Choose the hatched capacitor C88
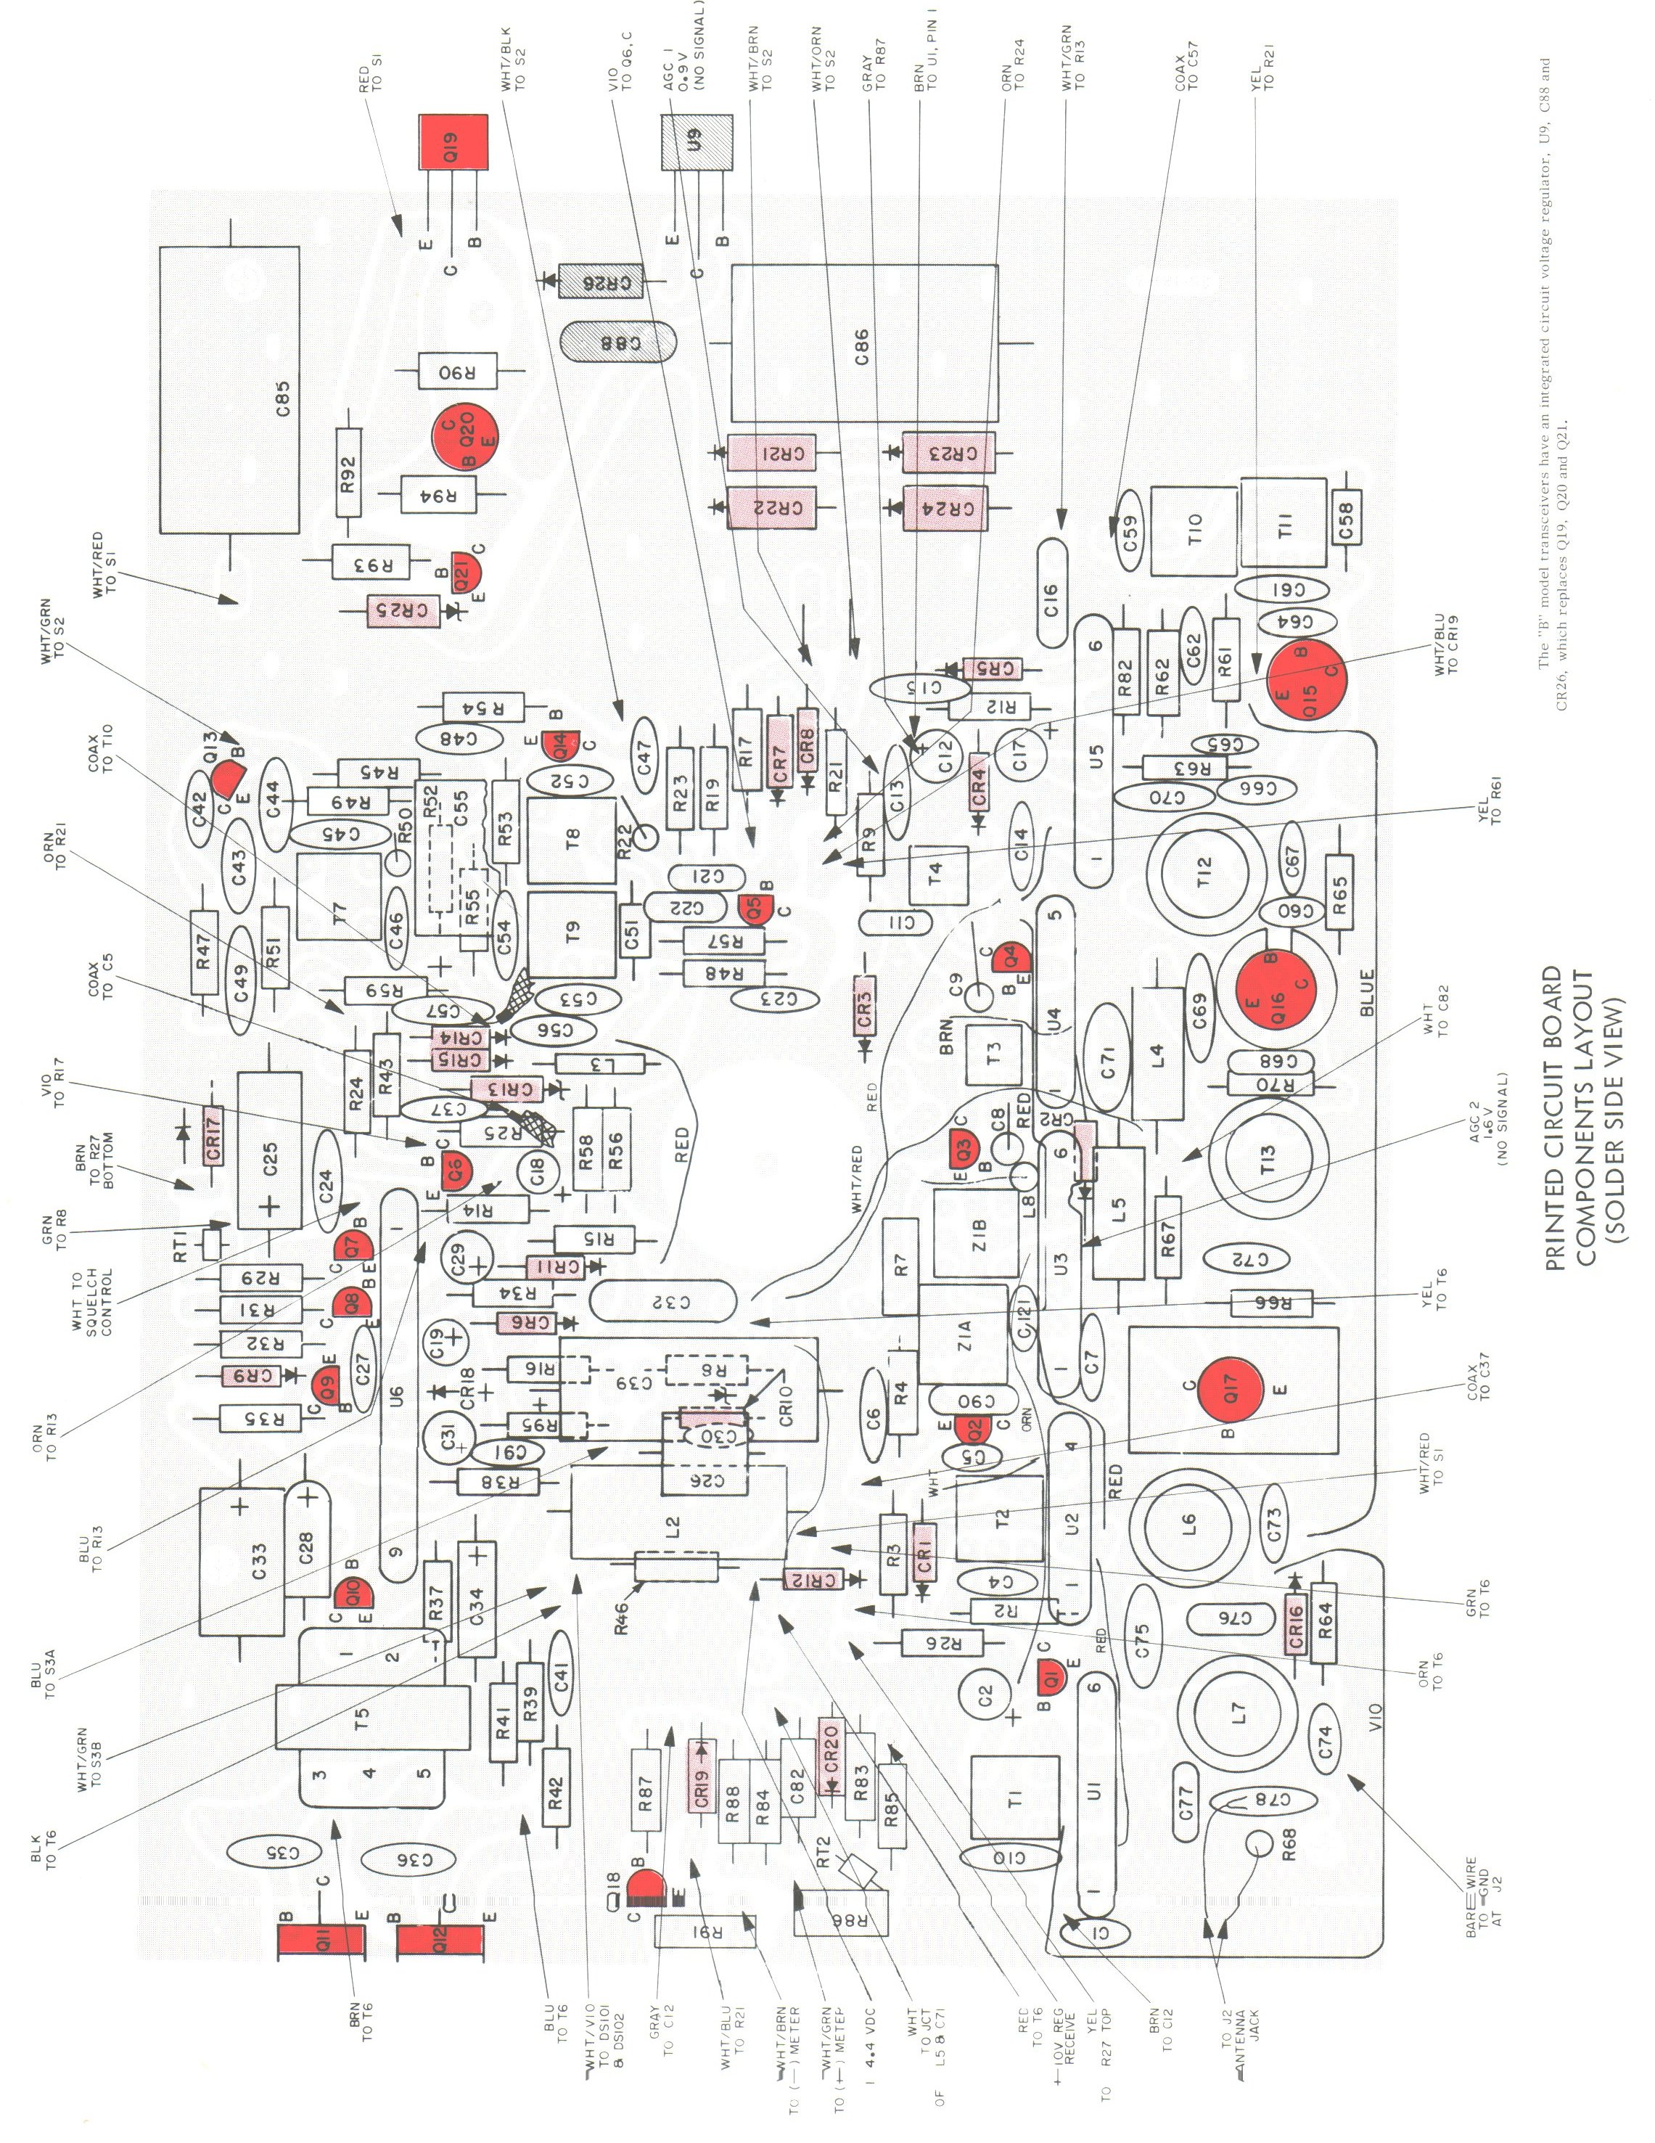pos(620,343)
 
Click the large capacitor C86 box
pos(863,343)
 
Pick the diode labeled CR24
pos(948,507)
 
